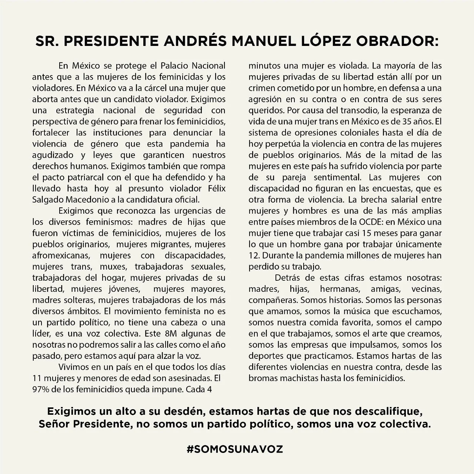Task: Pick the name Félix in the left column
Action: tap(216, 188)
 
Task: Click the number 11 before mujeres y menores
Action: tap(37, 378)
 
